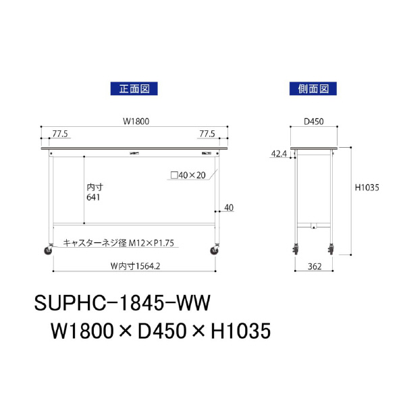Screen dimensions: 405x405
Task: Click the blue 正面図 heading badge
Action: (134, 88)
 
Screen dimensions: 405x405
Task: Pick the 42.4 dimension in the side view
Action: (279, 154)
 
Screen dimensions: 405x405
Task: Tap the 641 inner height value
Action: (94, 197)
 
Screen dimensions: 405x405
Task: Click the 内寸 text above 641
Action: (94, 186)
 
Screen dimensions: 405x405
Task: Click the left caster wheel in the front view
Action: (49, 250)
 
